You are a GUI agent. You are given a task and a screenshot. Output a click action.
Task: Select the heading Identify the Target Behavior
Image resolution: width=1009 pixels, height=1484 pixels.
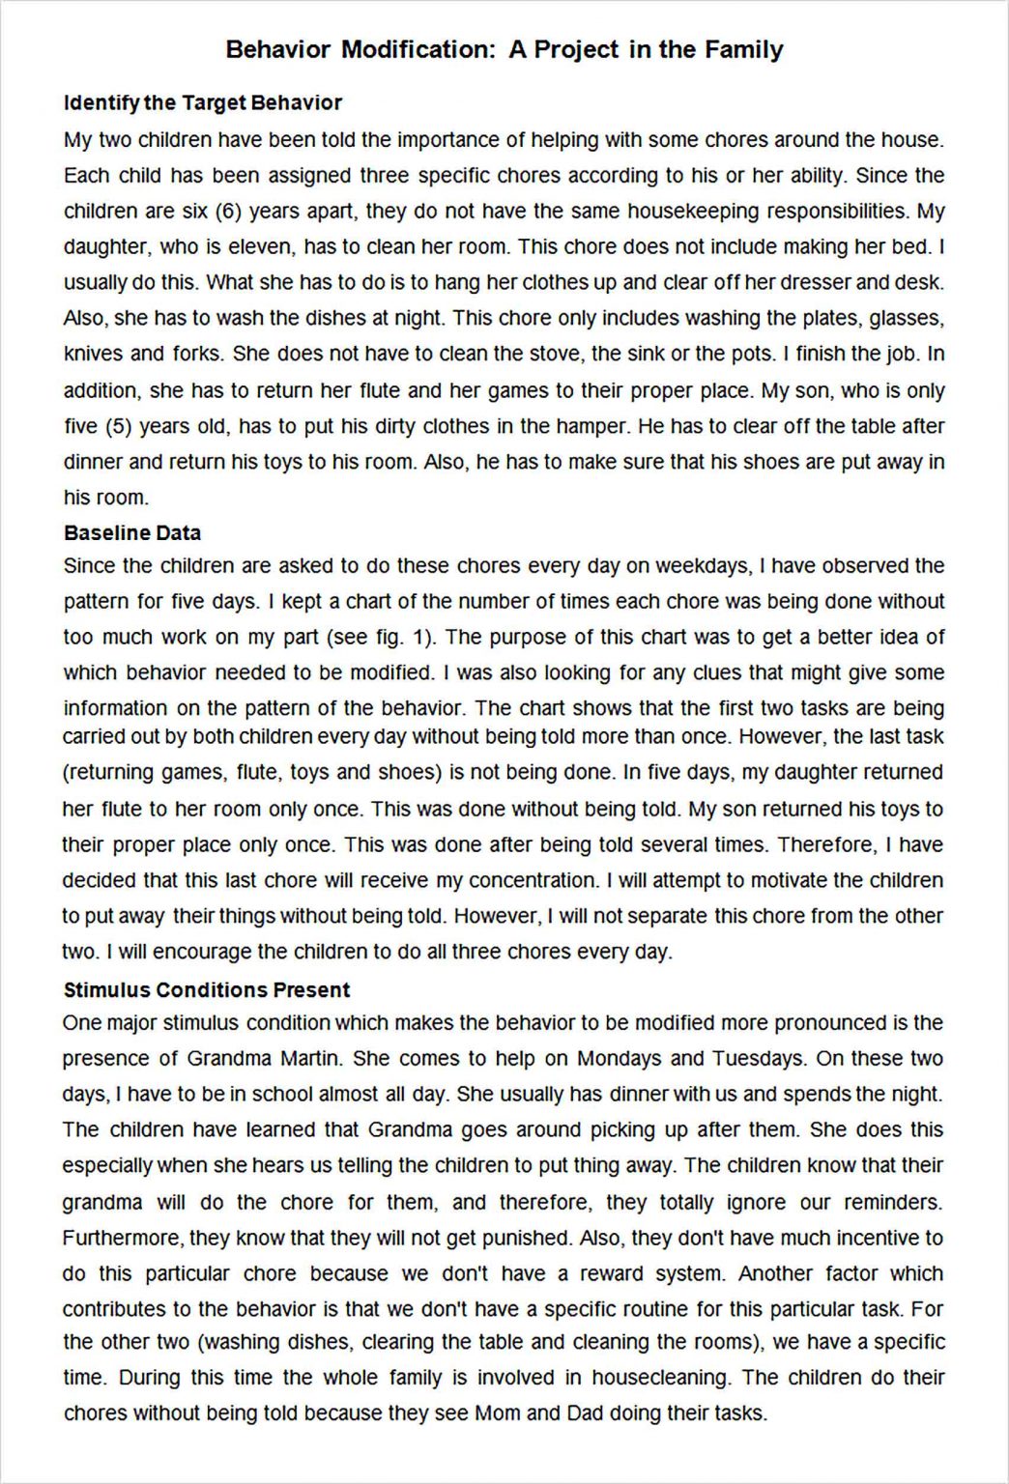click(203, 102)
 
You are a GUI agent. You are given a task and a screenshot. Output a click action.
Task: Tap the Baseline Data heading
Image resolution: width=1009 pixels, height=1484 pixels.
click(132, 532)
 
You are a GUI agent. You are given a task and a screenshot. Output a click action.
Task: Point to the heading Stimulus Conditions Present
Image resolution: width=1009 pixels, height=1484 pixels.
click(206, 989)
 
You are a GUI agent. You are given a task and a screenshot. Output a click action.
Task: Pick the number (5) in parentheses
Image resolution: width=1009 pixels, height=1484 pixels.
click(120, 426)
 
